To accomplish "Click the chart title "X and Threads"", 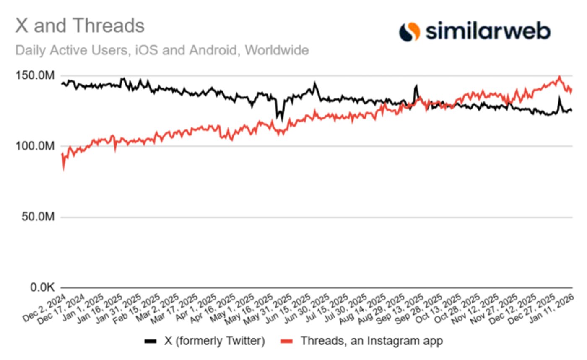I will pos(80,26).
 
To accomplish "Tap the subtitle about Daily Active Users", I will pos(162,50).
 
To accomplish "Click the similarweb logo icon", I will pos(409,32).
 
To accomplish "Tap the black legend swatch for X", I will pos(150,341).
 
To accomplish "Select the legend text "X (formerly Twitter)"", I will pos(214,341).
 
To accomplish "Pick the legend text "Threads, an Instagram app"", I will pos(371,341).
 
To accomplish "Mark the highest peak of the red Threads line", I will pos(559,77).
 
